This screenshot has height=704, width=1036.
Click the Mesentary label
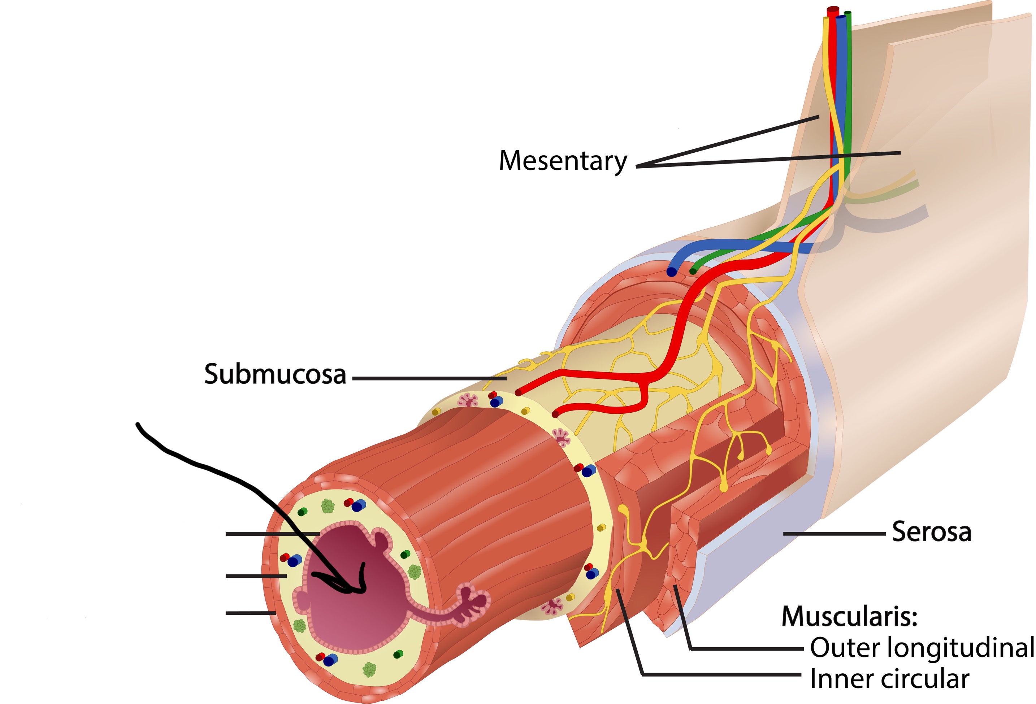click(563, 161)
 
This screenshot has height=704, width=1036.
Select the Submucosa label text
click(275, 374)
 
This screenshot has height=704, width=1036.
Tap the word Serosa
click(931, 532)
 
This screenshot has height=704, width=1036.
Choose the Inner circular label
click(889, 679)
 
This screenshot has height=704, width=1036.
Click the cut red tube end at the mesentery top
click(833, 9)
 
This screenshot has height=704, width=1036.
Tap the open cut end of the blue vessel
click(671, 272)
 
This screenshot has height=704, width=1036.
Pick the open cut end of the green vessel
click(693, 271)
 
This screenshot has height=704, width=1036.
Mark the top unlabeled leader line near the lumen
click(272, 533)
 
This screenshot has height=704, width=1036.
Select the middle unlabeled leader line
click(256, 576)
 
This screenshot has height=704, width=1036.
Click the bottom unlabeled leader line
click(251, 613)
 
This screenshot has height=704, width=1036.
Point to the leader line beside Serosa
click(834, 533)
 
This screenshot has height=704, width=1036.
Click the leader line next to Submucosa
click(429, 378)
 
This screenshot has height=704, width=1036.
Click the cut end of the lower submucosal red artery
click(555, 414)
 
